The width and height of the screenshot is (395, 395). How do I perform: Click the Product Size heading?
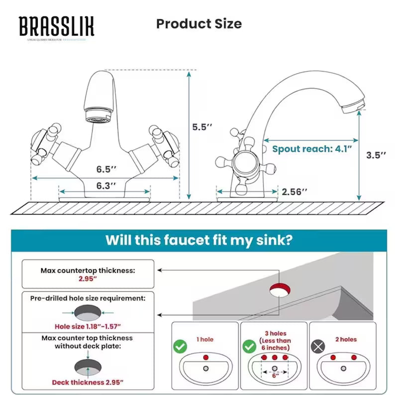coord(199,24)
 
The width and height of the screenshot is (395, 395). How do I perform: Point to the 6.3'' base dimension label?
coord(106,185)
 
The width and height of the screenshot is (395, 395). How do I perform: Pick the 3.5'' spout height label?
coord(376,155)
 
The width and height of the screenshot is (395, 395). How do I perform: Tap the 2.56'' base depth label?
coord(295,191)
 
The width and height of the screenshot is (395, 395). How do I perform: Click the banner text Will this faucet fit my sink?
coord(198,240)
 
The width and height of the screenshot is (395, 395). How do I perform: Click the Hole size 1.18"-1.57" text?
coord(89,326)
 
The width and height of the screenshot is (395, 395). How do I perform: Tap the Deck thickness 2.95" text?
coord(88,383)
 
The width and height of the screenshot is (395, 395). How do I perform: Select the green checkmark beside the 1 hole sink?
coord(180,347)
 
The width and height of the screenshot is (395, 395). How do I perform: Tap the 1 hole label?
coord(205,339)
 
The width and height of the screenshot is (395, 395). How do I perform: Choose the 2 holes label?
coord(346,339)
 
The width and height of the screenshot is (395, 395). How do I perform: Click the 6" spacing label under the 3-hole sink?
coord(275,376)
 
